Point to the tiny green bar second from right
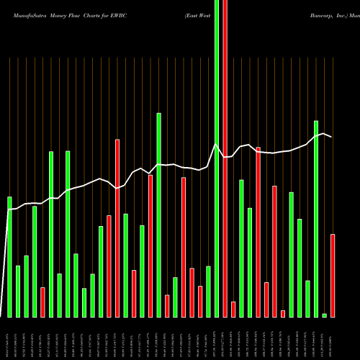325,315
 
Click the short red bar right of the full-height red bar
233,309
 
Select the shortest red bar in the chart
283,313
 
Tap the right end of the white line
331,137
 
